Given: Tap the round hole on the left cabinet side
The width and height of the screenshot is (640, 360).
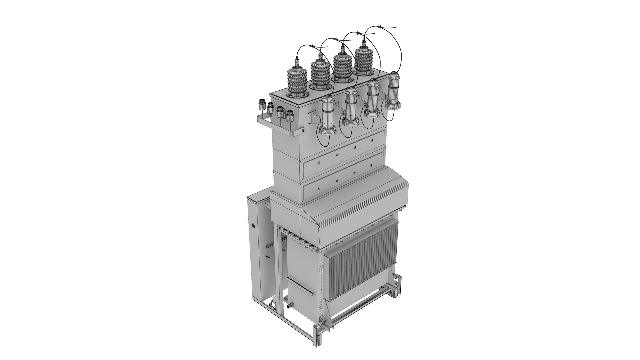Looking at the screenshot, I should click(254, 225).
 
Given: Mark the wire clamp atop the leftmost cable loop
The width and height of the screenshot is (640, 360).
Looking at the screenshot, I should click(311, 46).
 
